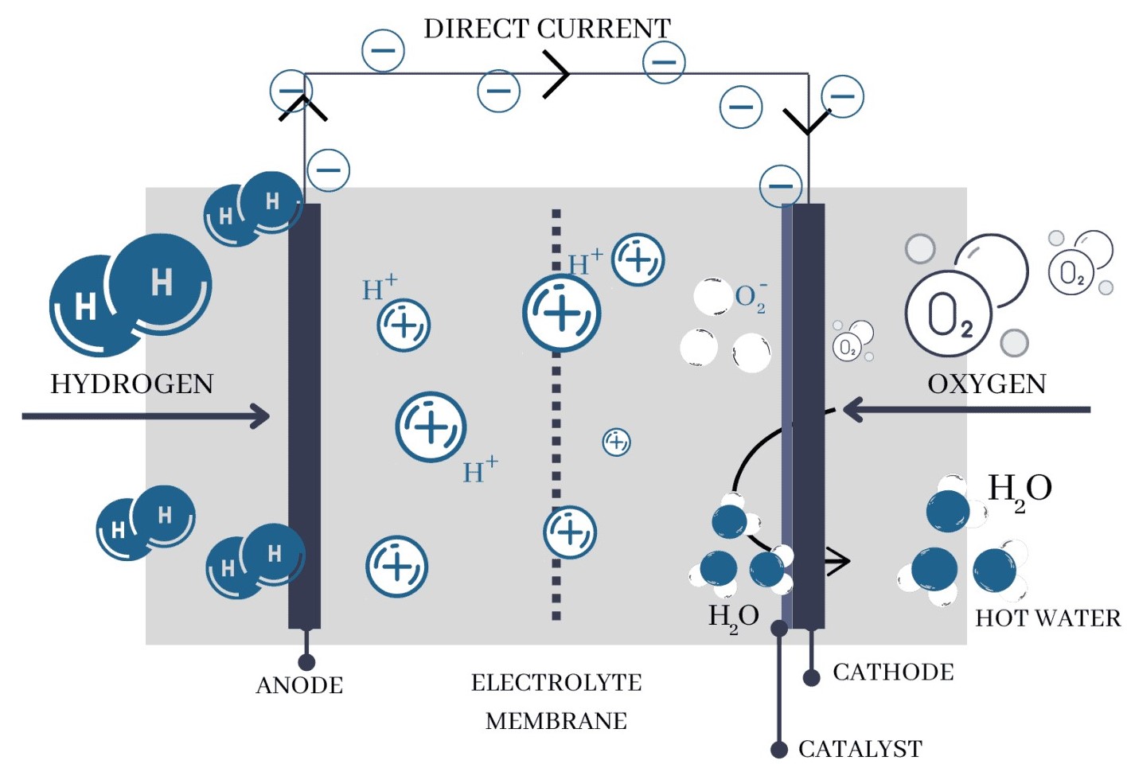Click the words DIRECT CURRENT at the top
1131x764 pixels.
[547, 29]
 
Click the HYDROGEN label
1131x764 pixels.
[132, 384]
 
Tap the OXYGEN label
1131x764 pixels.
[986, 384]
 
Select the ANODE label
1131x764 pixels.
[299, 685]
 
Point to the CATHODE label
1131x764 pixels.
[893, 672]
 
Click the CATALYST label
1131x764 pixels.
[860, 749]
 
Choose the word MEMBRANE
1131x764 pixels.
[556, 721]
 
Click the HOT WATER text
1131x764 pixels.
[1047, 618]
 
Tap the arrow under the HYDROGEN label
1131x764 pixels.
[146, 415]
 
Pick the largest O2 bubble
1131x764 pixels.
[948, 314]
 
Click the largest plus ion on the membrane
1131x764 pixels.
[561, 314]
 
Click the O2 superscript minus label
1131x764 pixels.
[751, 298]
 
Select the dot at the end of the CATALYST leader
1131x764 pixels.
[779, 749]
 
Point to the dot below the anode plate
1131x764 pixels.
[306, 662]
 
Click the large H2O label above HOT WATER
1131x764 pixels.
[1020, 489]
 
